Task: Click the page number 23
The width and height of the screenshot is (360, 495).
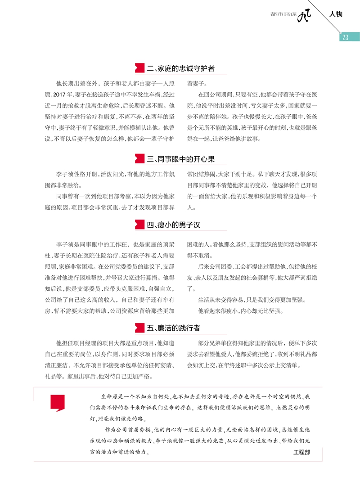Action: [x=345, y=37]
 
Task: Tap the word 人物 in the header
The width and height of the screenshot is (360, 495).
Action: [x=336, y=14]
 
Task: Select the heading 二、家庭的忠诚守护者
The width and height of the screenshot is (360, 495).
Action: [x=180, y=69]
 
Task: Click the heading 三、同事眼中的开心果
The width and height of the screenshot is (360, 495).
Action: [x=180, y=159]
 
